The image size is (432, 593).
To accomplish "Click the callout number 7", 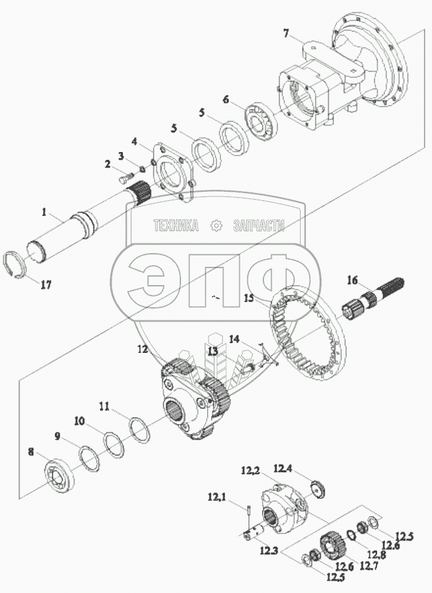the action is [x=286, y=33].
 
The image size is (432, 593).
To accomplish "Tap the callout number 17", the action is [x=46, y=284].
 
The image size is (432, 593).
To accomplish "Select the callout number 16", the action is [x=352, y=281].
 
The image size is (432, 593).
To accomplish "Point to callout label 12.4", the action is [x=283, y=469].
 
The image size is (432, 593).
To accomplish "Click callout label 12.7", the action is [x=369, y=566].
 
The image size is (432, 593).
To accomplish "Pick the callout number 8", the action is [x=31, y=451].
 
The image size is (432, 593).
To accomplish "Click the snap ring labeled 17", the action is [x=18, y=266].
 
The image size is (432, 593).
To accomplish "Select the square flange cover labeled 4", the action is [x=173, y=172].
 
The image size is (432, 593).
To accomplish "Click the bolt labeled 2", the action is [x=128, y=177].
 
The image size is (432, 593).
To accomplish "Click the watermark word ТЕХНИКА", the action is [x=176, y=226].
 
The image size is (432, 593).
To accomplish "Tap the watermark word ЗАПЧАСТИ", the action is [x=259, y=226].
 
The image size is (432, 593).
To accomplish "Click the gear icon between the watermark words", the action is [x=216, y=226].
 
